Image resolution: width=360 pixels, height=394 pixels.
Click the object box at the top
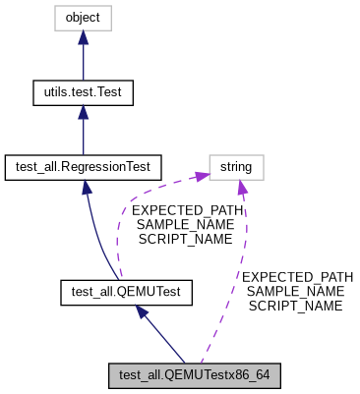[x=83, y=18]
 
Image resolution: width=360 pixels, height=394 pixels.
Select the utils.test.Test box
[x=83, y=92]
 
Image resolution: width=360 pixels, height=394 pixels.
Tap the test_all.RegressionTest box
[x=83, y=167]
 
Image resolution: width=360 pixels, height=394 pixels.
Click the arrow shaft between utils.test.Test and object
[x=83, y=61]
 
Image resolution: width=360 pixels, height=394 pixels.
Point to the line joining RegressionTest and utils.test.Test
[x=83, y=136]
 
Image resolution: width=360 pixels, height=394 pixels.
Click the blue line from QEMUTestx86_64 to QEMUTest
[x=162, y=336]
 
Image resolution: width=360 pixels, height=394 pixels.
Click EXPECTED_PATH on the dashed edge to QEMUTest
[x=181, y=210]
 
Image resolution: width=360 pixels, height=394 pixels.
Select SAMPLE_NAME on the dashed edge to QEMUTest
[x=181, y=224]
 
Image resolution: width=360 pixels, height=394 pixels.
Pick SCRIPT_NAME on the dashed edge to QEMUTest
[x=181, y=238]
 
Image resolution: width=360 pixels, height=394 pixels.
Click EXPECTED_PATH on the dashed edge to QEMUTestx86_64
[x=296, y=277]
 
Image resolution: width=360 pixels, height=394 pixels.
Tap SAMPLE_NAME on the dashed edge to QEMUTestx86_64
[x=296, y=292]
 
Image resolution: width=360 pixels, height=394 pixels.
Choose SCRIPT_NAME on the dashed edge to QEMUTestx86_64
[x=296, y=306]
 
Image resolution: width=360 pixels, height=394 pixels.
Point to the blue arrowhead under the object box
[x=83, y=37]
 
